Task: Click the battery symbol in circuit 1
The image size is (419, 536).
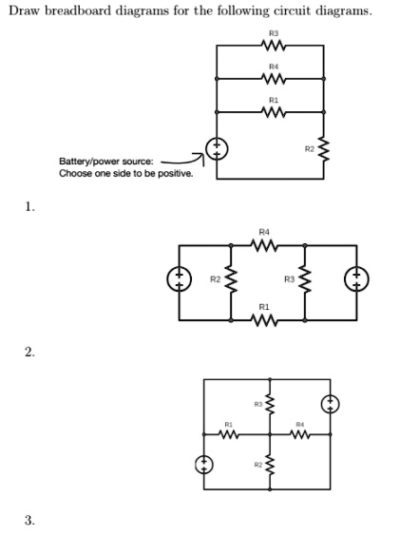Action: [217, 149]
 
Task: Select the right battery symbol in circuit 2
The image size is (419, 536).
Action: [356, 279]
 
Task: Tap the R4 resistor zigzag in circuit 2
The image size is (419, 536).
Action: [264, 247]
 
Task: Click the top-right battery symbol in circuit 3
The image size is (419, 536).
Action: [330, 403]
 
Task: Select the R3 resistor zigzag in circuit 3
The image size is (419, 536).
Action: [270, 406]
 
